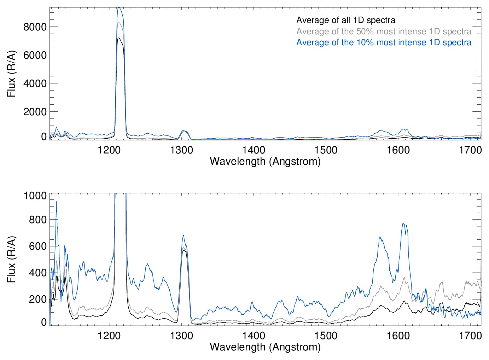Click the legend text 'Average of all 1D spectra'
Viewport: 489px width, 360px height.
coord(345,20)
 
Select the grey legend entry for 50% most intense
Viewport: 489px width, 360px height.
coord(384,31)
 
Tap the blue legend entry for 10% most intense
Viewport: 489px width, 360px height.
coord(384,42)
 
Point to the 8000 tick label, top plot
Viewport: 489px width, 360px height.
coord(35,27)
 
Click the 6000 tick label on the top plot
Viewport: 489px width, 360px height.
coord(35,55)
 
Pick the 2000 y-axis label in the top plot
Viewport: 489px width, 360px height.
coord(35,112)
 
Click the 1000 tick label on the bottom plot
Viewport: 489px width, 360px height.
coord(35,196)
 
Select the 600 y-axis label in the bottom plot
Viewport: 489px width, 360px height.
coord(37,246)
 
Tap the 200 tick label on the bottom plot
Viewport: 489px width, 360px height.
coord(37,299)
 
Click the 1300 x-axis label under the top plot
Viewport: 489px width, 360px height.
coord(181,150)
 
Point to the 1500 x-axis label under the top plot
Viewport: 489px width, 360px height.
coord(326,150)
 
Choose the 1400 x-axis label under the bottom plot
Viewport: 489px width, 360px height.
coord(254,336)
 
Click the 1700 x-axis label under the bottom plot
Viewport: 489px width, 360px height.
coord(470,336)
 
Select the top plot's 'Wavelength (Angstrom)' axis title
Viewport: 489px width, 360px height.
coord(265,162)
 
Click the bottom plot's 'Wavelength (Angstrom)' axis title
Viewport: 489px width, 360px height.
coord(265,347)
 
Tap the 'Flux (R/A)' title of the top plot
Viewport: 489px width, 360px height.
coord(11,74)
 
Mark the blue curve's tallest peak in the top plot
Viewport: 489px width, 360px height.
coord(119,8)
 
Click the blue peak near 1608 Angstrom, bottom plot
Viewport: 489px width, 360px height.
coord(403,223)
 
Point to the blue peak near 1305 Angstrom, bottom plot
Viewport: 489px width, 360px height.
coord(183,236)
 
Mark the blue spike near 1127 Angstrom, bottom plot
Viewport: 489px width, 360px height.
coord(56,202)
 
